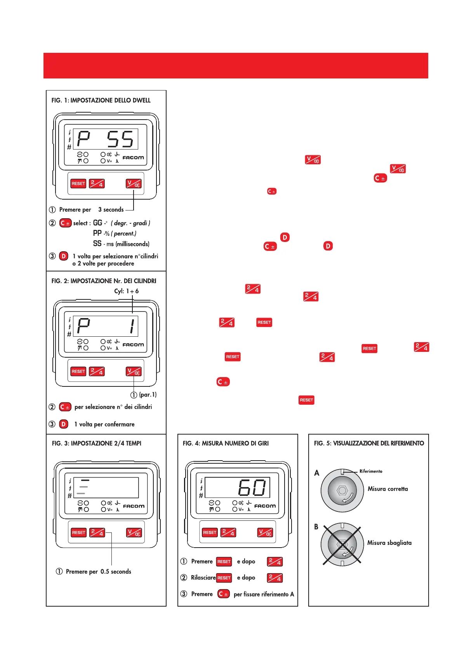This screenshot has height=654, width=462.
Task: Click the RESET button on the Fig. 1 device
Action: (78, 184)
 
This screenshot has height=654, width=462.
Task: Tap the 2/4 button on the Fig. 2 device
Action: (97, 372)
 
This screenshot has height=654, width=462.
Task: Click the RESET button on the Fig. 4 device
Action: (210, 532)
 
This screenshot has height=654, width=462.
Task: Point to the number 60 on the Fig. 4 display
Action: (252, 488)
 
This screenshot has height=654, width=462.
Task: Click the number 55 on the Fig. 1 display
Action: (120, 139)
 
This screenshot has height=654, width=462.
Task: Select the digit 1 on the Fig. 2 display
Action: (132, 326)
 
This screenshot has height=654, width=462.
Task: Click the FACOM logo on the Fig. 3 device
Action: (134, 506)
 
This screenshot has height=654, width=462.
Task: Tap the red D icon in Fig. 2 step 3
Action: (64, 424)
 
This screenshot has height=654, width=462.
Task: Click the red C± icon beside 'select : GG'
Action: (65, 223)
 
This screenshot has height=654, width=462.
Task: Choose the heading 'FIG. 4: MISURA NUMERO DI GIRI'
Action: (226, 443)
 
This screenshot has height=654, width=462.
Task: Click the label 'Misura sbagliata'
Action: (389, 543)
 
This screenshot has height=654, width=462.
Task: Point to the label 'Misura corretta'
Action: (387, 489)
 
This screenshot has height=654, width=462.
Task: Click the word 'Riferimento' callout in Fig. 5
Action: (371, 471)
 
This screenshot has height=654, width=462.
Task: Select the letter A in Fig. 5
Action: (317, 473)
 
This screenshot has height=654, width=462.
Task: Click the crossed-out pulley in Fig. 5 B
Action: (342, 544)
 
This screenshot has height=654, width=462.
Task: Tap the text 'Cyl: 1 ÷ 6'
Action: (126, 291)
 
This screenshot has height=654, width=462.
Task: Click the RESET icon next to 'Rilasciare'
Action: (224, 578)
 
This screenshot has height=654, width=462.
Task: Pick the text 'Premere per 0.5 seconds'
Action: (99, 571)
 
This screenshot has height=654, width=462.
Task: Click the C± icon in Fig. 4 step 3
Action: (223, 594)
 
